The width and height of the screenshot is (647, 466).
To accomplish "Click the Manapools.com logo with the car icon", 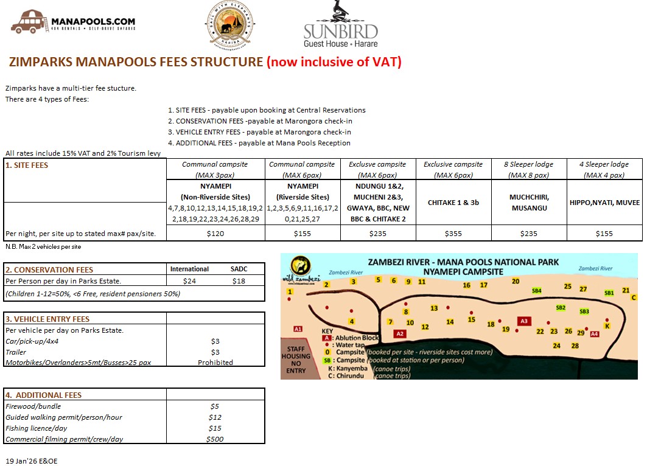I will (x=73, y=23).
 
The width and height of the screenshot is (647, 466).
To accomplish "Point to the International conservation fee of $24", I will (x=189, y=280).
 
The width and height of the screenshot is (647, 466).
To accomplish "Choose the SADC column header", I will (x=240, y=269).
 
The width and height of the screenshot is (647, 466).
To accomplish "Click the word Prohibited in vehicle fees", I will (x=215, y=363).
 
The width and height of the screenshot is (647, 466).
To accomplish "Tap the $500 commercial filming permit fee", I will (x=215, y=439).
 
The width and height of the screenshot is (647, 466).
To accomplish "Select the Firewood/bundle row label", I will (x=33, y=406).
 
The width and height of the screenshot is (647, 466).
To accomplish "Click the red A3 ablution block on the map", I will (x=523, y=321).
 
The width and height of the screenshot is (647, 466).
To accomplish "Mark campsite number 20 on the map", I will (x=516, y=281).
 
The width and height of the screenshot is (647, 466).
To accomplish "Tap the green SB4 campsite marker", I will (x=536, y=291).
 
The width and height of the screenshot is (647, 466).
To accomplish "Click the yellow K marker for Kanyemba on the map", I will (x=607, y=325).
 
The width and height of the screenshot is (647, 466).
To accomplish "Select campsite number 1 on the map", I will (x=290, y=292).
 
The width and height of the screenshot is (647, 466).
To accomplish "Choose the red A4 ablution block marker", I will (x=595, y=333).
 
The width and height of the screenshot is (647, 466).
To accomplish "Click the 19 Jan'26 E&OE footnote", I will (x=31, y=461).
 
